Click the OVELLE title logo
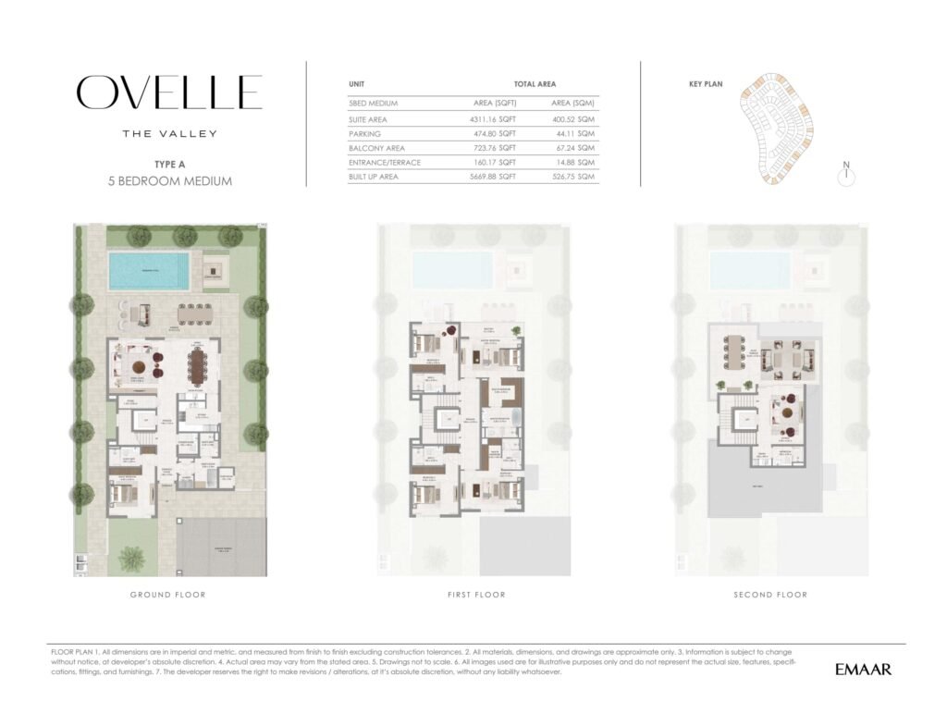[169, 92]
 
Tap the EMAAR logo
[863, 669]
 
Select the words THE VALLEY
[170, 134]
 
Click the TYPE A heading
[170, 165]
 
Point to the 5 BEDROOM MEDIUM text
[170, 181]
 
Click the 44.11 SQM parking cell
[573, 134]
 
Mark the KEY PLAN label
[705, 84]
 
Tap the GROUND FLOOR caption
[168, 595]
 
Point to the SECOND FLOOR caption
[770, 595]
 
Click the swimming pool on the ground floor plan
[149, 270]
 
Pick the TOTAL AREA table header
[535, 84]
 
